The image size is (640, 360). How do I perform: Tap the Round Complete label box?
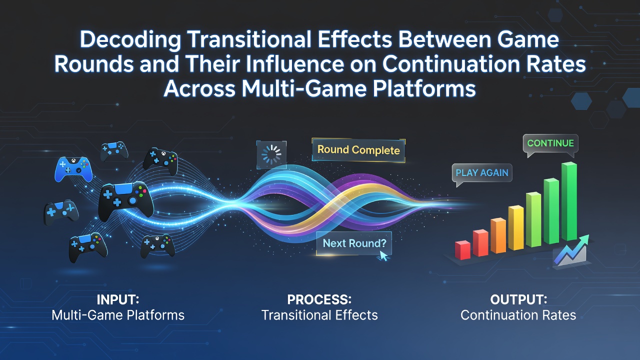[x=358, y=150]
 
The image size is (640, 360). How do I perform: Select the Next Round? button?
[x=354, y=243]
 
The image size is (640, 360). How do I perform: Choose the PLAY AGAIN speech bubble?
[x=482, y=173]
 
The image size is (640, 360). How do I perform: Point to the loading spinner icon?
[x=271, y=154]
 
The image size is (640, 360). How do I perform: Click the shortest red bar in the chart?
[x=463, y=250]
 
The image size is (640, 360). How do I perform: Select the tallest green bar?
[x=569, y=201]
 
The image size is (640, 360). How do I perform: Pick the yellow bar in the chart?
[x=516, y=227]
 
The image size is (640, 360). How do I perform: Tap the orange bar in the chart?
[x=498, y=235]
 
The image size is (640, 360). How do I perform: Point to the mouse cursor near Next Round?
[x=383, y=255]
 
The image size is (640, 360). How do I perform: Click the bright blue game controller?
[x=73, y=169]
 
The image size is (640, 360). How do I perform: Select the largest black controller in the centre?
[x=125, y=200]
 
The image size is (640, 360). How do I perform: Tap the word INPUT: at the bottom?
[x=118, y=299]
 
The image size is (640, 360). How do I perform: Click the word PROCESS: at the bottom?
[x=319, y=299]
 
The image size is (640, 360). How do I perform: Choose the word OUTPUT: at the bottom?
[x=518, y=299]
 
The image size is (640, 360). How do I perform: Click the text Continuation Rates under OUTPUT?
[x=518, y=315]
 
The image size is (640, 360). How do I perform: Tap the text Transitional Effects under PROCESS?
[x=319, y=315]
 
